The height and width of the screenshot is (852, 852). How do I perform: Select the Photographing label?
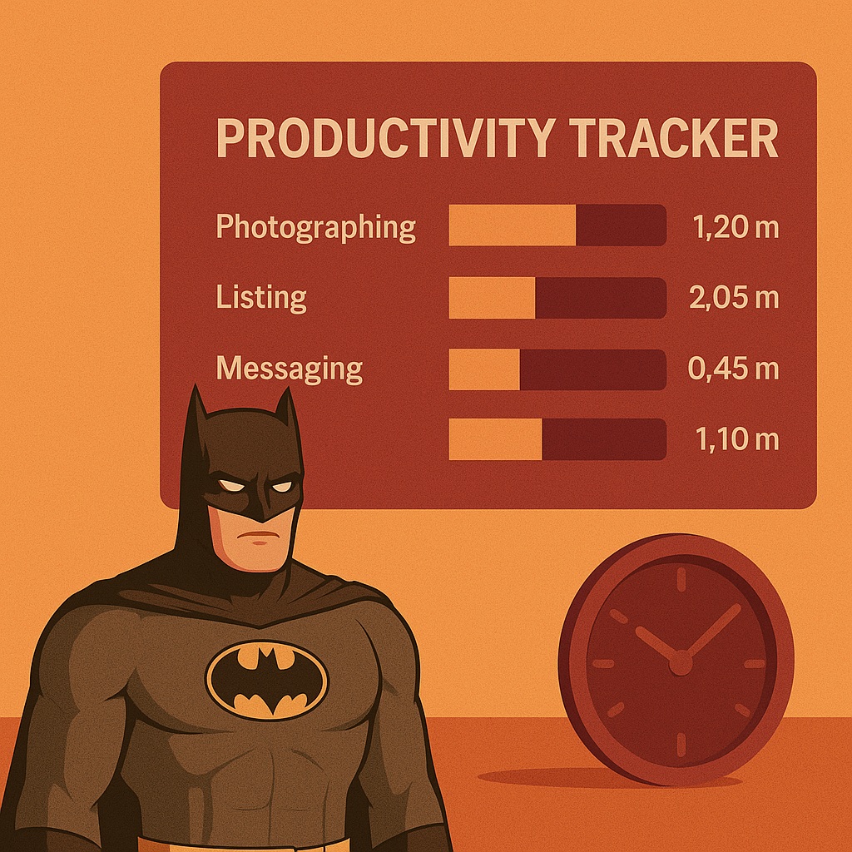point(315,227)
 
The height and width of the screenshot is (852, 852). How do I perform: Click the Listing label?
point(261,299)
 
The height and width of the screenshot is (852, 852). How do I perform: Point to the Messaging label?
point(290,369)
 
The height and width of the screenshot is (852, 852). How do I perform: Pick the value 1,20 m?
point(736,226)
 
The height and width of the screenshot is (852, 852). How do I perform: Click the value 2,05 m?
point(734,299)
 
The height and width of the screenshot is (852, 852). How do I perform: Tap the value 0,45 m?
point(734,369)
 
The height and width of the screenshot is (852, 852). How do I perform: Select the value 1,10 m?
point(737,439)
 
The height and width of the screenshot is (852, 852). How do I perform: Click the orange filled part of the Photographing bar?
point(513,225)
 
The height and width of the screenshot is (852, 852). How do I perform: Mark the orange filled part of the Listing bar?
point(493,298)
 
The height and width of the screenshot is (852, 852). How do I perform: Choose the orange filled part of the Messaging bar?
point(485,369)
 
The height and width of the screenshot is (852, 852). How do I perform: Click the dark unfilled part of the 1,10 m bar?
point(604,439)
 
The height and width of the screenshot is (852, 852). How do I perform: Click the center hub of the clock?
point(681,663)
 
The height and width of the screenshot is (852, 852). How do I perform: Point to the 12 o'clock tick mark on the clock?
point(681,579)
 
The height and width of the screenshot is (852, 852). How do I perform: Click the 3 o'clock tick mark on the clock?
point(755,663)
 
